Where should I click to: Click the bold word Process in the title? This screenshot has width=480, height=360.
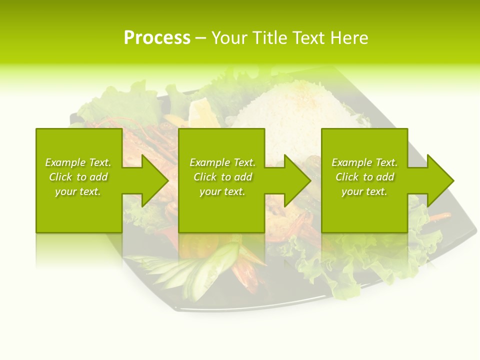tap(157, 38)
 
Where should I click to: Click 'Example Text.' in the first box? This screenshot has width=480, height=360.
tap(78, 162)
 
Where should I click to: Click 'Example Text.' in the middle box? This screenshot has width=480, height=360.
tap(222, 162)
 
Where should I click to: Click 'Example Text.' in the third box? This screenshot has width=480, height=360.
tap(364, 162)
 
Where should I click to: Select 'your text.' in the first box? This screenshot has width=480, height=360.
tap(78, 191)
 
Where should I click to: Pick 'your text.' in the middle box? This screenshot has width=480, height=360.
tap(222, 191)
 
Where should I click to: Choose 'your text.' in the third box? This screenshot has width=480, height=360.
tap(364, 191)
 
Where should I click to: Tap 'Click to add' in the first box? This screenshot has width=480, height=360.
tap(78, 177)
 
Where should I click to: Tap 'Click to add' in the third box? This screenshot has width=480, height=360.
tap(364, 177)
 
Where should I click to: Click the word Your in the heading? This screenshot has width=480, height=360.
tap(230, 38)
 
